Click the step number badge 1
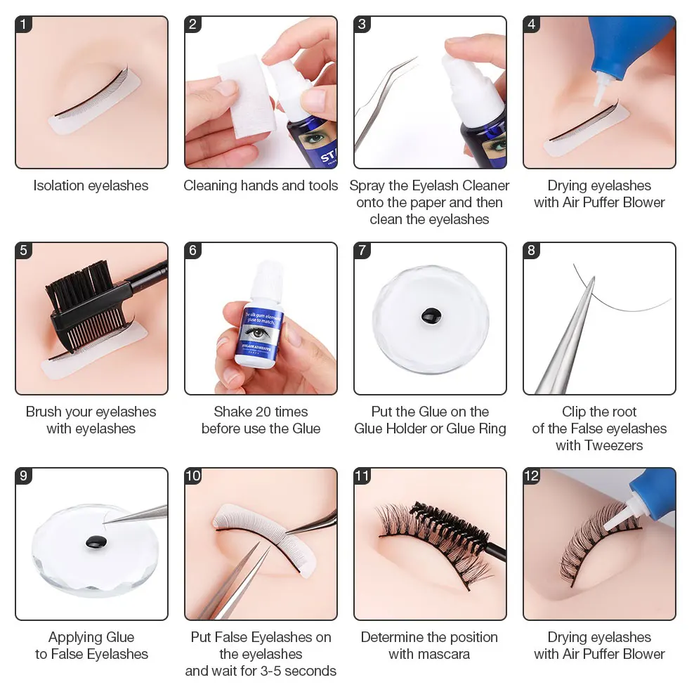(x=24, y=25)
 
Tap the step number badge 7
(x=362, y=251)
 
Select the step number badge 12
(x=532, y=476)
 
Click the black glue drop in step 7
(x=428, y=317)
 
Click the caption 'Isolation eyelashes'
(x=91, y=185)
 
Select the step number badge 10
(x=193, y=476)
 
